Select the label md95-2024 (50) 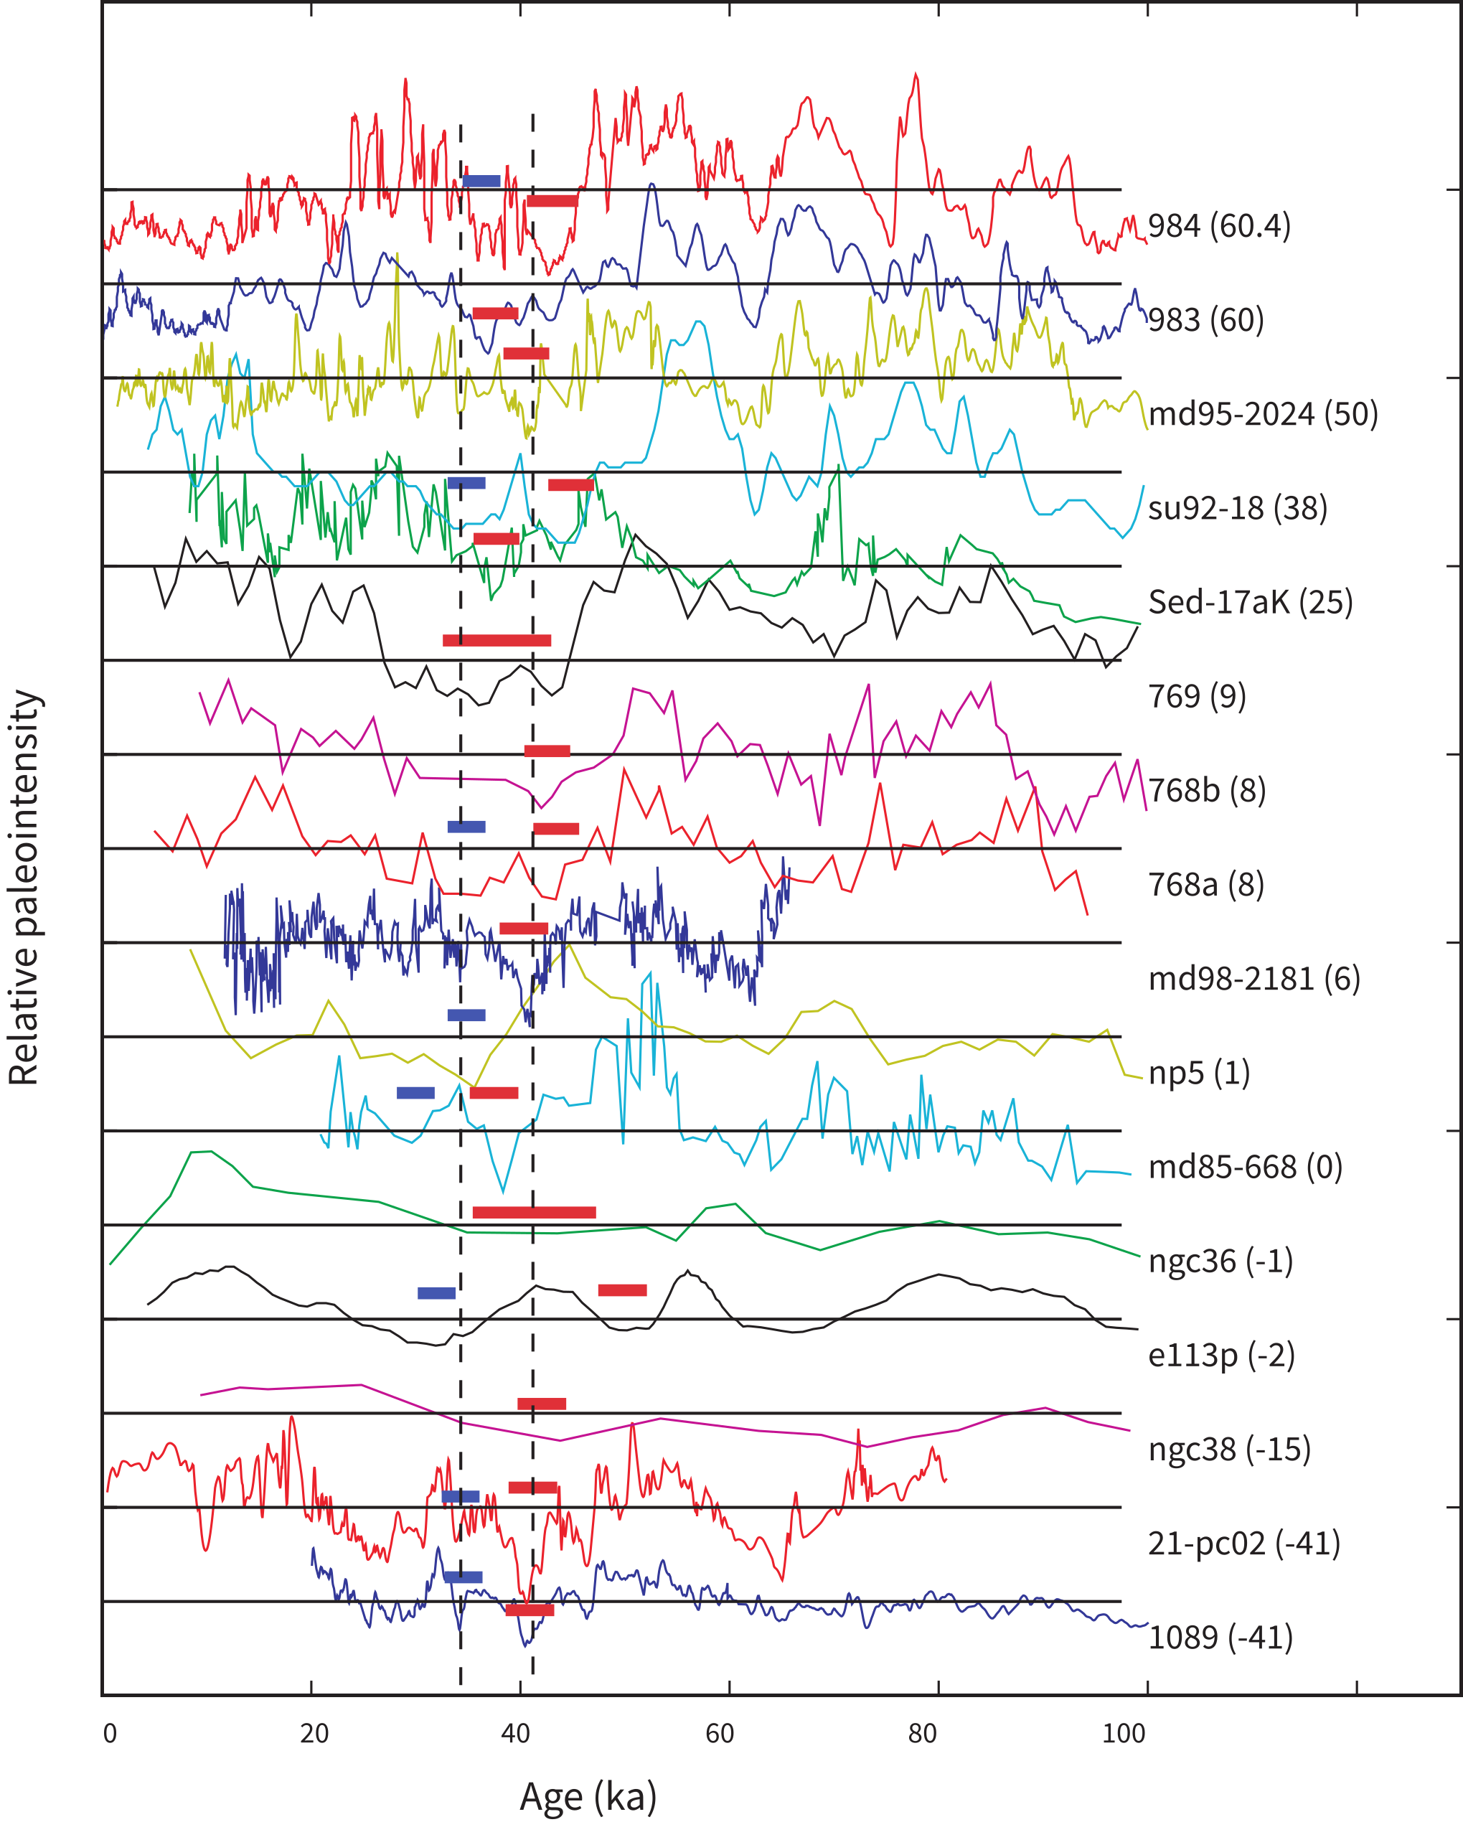point(1263,414)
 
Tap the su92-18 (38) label point(1237,508)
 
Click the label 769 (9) point(1197,696)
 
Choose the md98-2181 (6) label point(1254,979)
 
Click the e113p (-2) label point(1221,1355)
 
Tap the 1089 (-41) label point(1220,1637)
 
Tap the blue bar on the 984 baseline point(481,181)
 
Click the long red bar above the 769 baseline point(497,641)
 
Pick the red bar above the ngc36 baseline point(534,1213)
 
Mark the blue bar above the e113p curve point(436,1293)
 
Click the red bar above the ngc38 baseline point(542,1404)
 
